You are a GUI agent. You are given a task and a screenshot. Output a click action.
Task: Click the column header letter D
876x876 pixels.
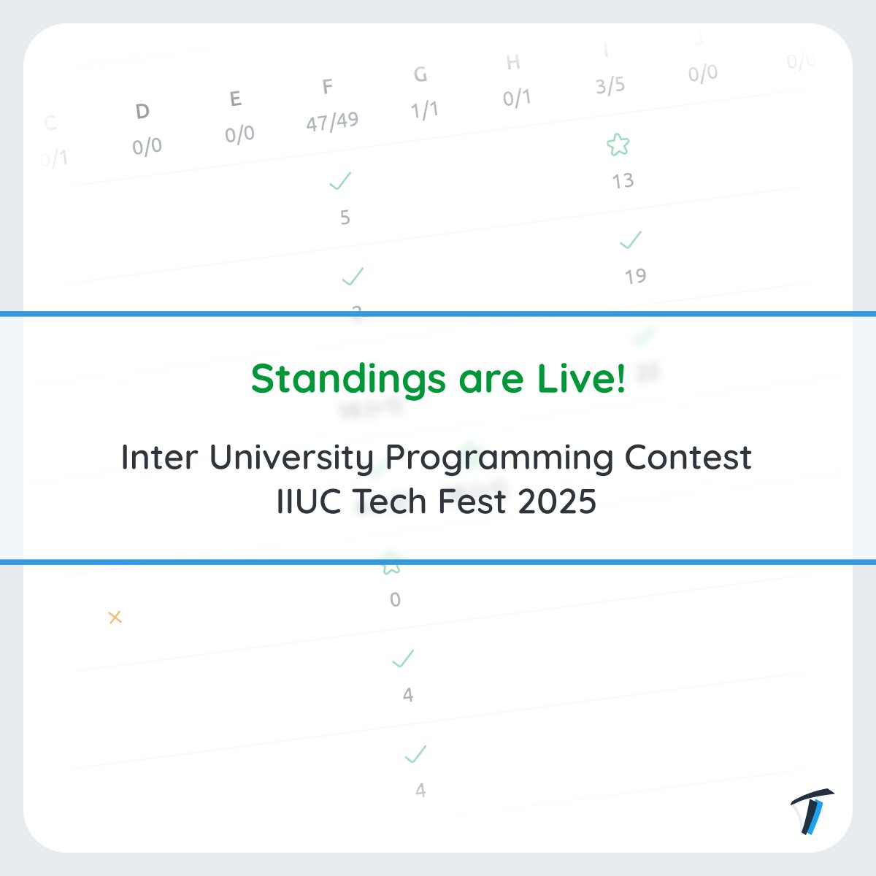[x=142, y=111]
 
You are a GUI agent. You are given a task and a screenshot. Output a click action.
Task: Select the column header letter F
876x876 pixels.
[x=328, y=87]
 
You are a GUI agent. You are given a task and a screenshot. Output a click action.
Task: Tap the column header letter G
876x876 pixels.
[x=420, y=74]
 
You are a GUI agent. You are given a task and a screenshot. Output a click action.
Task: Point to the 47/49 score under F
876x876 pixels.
[x=332, y=121]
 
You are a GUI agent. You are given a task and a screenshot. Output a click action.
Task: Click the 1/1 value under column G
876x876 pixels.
[x=424, y=109]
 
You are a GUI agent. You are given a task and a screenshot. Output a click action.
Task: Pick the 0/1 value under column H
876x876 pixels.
[x=517, y=98]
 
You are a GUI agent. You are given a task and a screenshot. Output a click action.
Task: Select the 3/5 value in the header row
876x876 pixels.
[x=610, y=86]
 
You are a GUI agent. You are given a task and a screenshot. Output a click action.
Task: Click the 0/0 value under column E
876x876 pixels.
[x=239, y=134]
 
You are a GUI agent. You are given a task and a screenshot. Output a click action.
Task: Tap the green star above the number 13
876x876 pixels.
[x=618, y=145]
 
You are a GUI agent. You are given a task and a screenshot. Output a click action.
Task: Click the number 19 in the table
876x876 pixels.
[x=635, y=276]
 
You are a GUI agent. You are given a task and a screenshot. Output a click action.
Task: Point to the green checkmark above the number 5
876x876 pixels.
[x=340, y=180]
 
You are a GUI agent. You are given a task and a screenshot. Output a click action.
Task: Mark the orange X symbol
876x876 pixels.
[x=115, y=618]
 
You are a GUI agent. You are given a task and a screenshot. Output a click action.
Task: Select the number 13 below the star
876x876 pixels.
[x=623, y=180]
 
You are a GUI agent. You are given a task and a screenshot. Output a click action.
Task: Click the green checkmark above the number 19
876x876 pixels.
[x=630, y=239]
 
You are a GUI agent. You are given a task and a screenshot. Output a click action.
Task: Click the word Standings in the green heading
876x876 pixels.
[x=347, y=379]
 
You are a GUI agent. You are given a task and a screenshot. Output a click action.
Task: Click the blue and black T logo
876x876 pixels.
[x=812, y=811]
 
